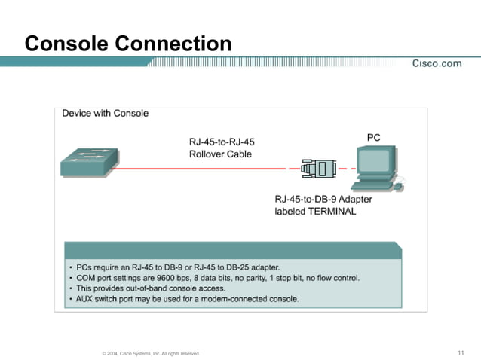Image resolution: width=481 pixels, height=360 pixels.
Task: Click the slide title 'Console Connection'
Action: coord(127,43)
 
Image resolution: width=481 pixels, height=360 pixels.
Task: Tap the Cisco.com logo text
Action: coord(437,63)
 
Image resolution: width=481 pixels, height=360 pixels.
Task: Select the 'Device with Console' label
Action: coord(105,114)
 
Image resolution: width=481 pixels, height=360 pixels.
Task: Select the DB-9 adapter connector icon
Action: coord(317,169)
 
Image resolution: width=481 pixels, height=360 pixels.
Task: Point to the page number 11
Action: coord(461,352)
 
